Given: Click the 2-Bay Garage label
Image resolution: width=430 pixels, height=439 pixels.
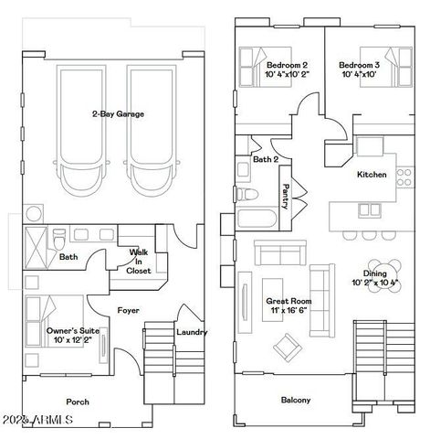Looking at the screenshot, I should [118, 114].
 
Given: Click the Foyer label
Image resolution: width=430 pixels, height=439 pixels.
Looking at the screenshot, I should [128, 310].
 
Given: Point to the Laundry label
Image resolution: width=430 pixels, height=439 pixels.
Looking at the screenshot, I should [191, 332].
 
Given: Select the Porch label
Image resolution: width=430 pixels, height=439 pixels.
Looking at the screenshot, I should [78, 402].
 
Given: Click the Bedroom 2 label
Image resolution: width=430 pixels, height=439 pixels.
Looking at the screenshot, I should [286, 66].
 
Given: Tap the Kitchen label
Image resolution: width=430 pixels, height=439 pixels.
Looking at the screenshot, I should [372, 174].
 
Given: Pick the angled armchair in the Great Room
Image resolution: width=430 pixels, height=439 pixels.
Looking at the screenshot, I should [288, 345].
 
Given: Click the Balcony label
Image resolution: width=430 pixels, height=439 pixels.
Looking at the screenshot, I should [295, 400].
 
